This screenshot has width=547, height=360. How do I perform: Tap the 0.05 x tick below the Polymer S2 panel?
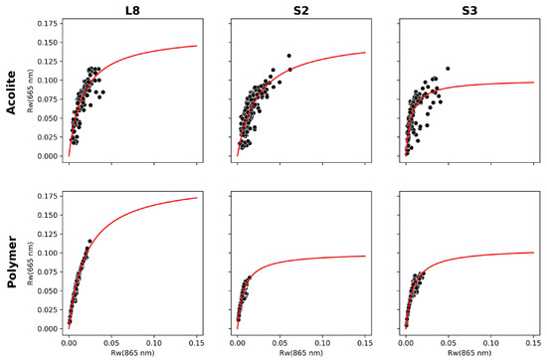(280, 341)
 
